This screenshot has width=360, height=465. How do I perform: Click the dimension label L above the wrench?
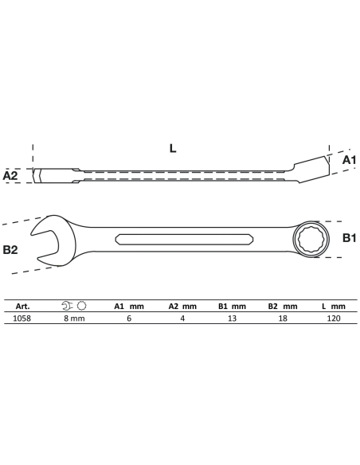click(173, 148)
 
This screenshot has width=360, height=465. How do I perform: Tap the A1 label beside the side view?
click(349, 160)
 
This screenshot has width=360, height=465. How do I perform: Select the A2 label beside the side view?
click(10, 175)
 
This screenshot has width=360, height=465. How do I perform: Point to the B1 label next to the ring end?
click(349, 238)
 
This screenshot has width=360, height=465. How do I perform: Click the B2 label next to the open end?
click(10, 250)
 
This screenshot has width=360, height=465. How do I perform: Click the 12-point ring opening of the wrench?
click(311, 239)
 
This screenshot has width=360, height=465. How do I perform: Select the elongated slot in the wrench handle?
click(184, 240)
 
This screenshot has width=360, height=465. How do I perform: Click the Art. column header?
click(22, 307)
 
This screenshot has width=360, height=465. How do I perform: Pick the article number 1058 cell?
click(22, 318)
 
